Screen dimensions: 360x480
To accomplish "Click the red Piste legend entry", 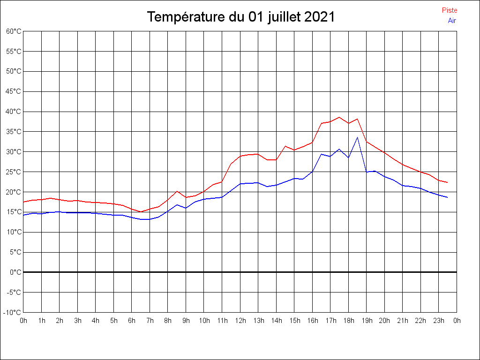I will point(449,10).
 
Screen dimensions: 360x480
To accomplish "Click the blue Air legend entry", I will point(452,21).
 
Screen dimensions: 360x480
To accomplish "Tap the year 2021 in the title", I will point(319,17).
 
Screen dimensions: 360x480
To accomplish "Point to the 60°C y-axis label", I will point(14,31).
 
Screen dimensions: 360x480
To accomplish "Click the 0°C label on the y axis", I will point(15,272).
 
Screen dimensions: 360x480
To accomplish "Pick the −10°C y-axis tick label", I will point(13,312).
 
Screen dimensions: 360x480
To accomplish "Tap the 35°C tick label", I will point(14,132).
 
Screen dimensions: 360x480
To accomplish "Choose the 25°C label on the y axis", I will point(14,172).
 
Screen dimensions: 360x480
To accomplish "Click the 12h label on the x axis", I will point(240,321).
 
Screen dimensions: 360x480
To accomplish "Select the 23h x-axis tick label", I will point(439,321).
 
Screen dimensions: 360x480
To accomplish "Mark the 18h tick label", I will point(348,321).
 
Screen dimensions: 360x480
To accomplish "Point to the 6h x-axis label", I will point(132,321).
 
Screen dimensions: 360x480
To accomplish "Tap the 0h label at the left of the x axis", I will point(23,321).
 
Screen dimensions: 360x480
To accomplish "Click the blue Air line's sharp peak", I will point(357,137).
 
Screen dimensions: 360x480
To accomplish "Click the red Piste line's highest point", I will point(339,117).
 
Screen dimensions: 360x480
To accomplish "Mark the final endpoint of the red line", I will point(448,182).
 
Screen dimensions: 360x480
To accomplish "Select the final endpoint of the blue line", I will point(448,197).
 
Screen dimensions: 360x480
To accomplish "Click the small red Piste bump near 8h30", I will point(177,191).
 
